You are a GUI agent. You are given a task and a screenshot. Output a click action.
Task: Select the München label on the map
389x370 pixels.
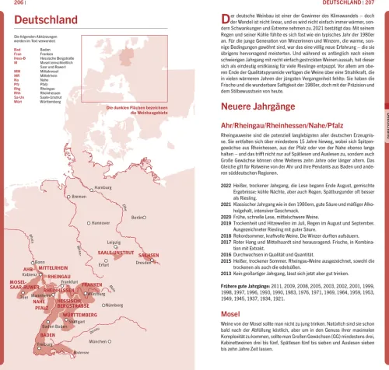(96, 341)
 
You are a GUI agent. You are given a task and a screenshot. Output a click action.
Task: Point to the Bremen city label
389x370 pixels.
(78, 197)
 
